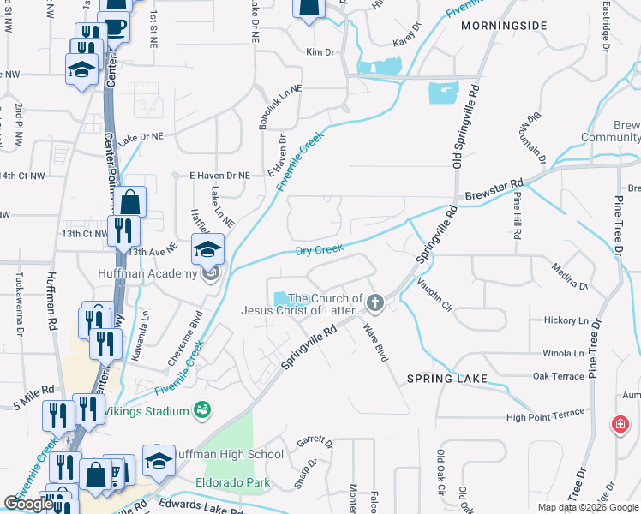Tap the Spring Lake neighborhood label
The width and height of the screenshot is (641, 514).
(446, 378)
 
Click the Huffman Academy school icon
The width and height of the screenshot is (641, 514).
(207, 249)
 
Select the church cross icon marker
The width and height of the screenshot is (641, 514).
(375, 302)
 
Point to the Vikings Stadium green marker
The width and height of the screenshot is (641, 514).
(201, 411)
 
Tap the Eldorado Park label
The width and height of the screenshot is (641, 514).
(231, 481)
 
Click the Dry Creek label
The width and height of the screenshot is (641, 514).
(319, 251)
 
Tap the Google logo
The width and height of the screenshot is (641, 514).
(28, 503)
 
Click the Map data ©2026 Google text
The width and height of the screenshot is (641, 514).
(588, 507)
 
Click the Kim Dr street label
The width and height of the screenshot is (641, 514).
(320, 52)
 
